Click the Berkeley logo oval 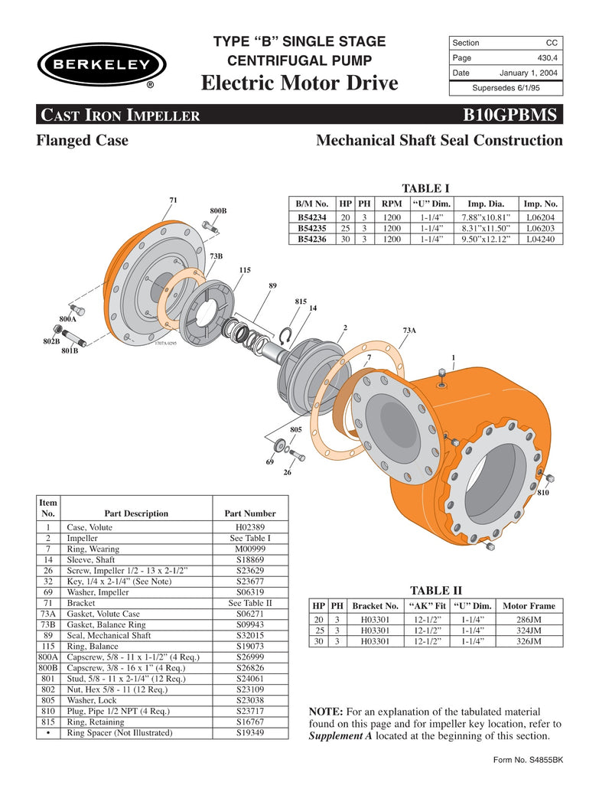click(101, 65)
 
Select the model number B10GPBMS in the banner click(512, 116)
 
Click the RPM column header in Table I click(392, 204)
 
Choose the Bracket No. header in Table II click(375, 606)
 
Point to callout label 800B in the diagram click(218, 210)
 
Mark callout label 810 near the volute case click(543, 493)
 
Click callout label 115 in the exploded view click(245, 270)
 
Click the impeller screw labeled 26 click(296, 456)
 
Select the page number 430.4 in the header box click(545, 57)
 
